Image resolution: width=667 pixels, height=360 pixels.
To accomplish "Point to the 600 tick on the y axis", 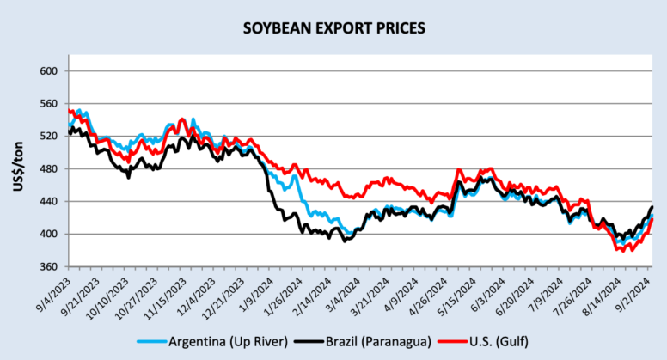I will click(x=48, y=71).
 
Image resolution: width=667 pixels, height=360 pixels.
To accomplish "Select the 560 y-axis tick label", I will click(x=48, y=104).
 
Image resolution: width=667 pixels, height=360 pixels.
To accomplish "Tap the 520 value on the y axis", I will click(x=48, y=137).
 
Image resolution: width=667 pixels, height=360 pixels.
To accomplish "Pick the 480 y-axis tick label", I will click(x=48, y=169).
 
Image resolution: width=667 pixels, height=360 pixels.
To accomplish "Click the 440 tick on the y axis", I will click(x=48, y=202).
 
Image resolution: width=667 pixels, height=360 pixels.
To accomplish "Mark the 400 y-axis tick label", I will click(x=48, y=235).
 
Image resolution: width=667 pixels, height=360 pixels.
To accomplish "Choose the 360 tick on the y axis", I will click(x=48, y=267).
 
